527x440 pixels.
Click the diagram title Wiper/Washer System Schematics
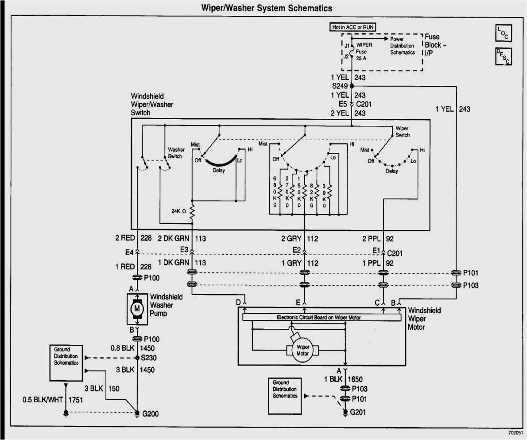(267, 8)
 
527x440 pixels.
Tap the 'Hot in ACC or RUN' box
(353, 27)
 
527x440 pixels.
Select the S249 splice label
(340, 86)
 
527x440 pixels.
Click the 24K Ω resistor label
(180, 211)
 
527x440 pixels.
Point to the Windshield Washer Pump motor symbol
(137, 308)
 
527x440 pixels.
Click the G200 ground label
(150, 414)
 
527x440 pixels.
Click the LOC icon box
(503, 32)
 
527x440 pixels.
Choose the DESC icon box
(503, 56)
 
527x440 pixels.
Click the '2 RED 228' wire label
(133, 238)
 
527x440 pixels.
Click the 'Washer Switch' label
(175, 153)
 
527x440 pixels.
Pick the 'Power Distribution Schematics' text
(402, 46)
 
